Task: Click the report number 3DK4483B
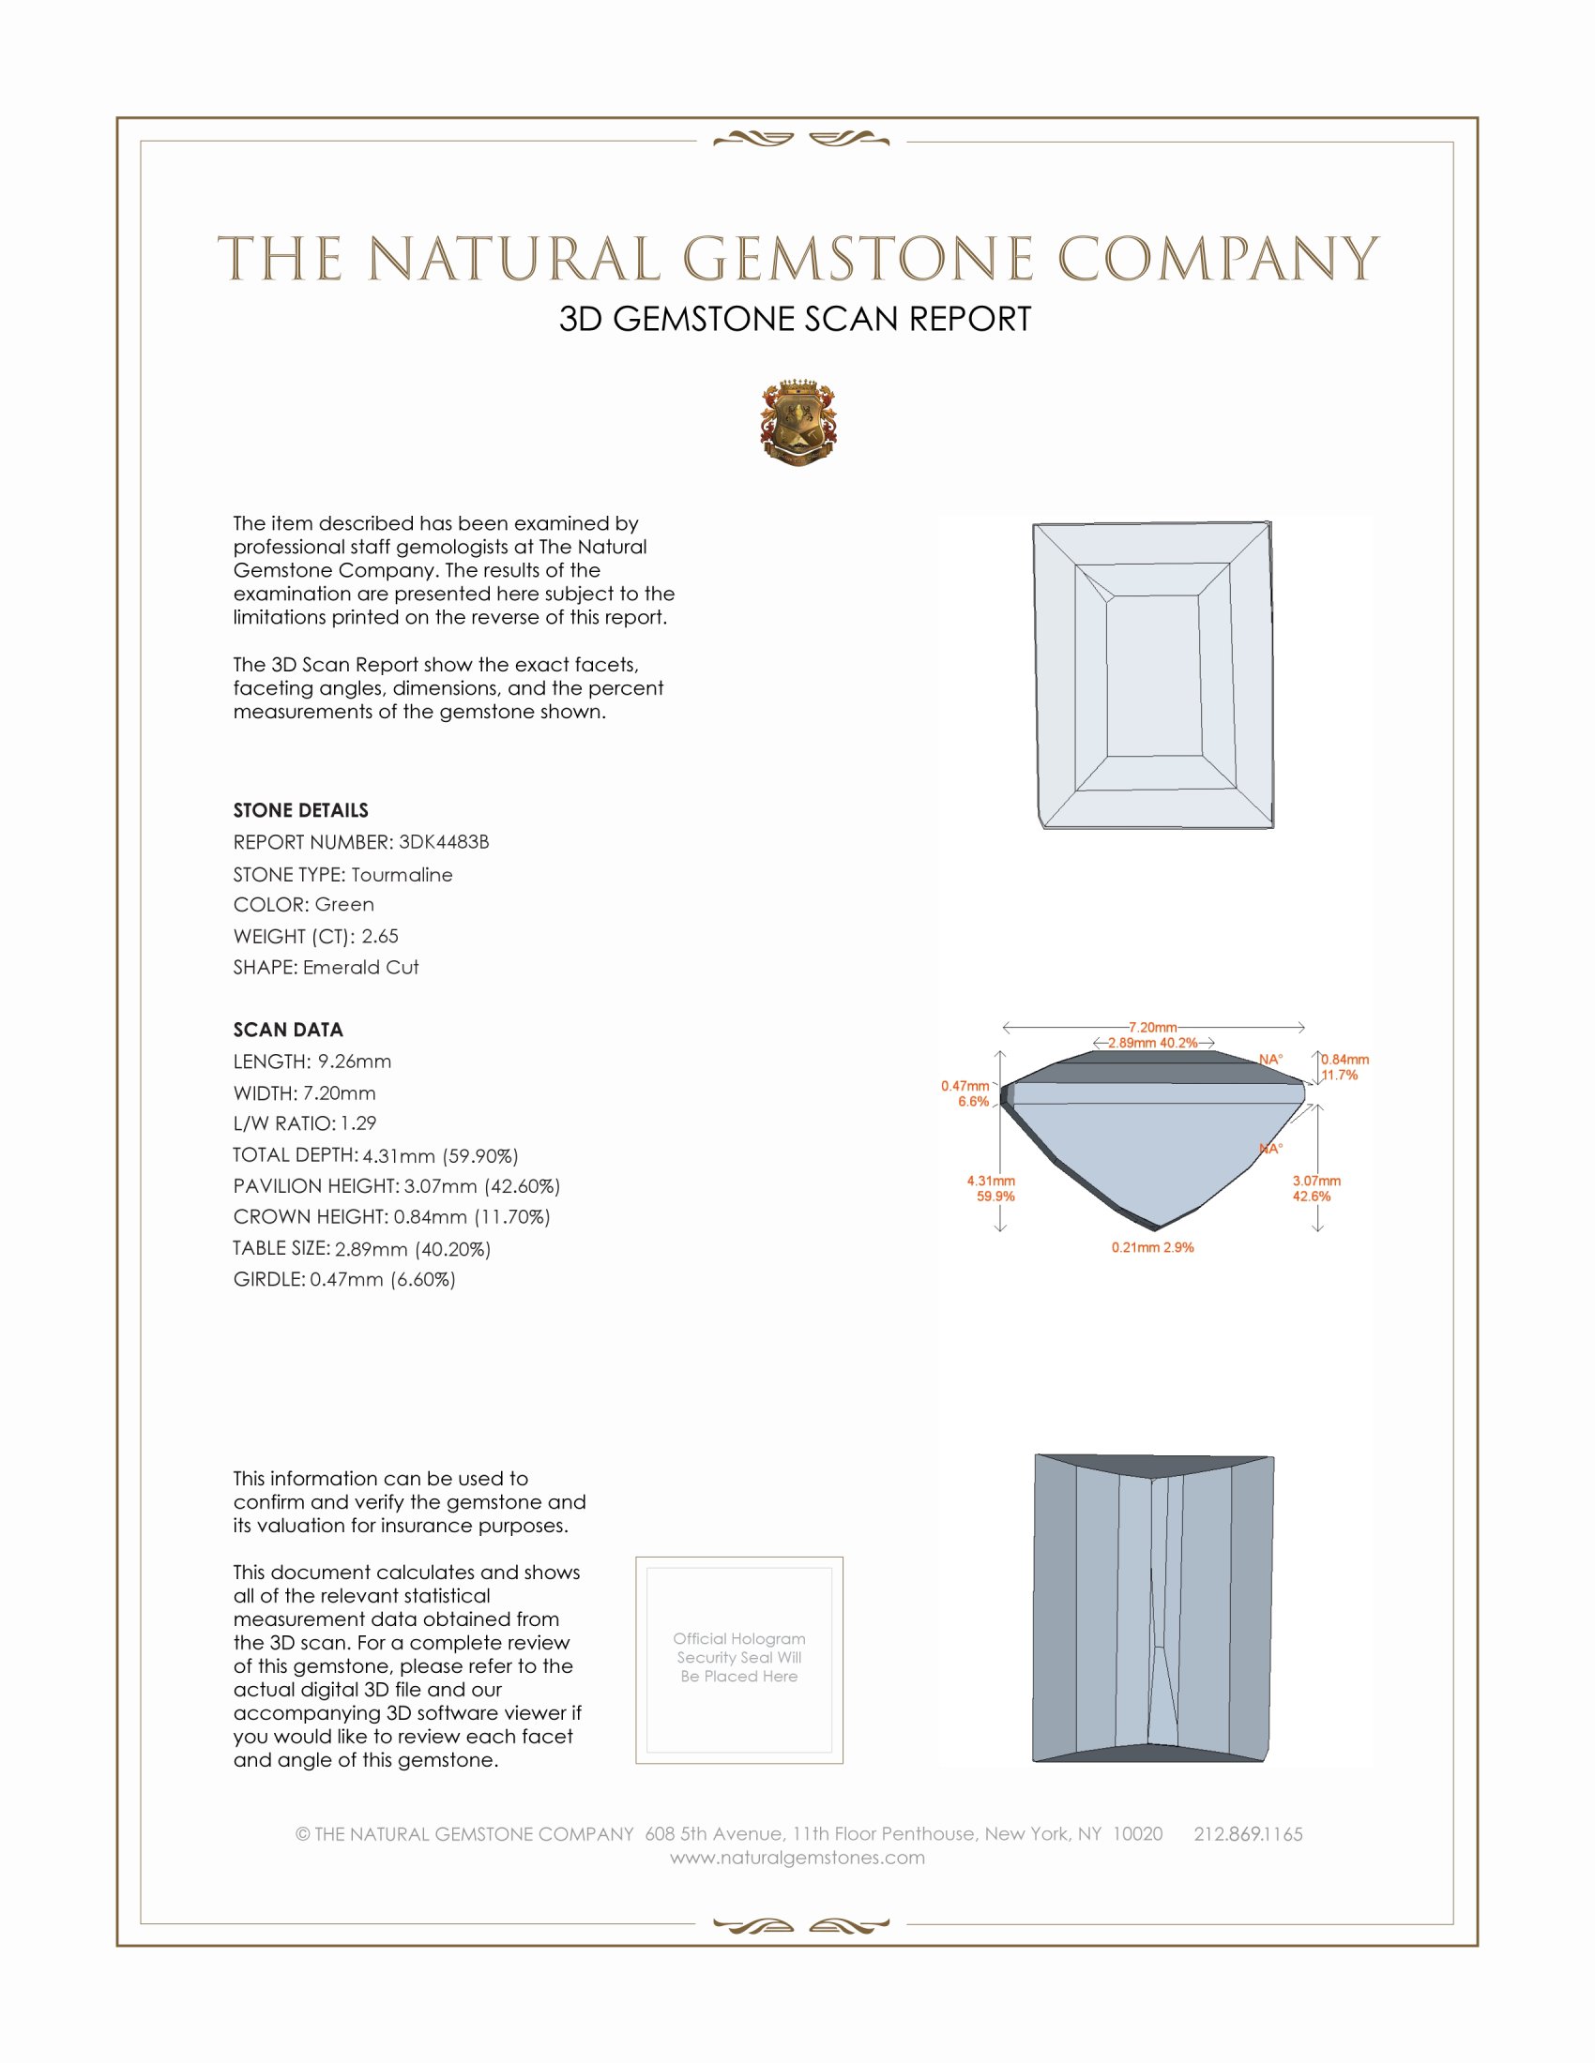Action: coord(443,842)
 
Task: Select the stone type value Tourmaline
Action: coord(402,875)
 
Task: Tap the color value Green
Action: coord(344,905)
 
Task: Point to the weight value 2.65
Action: coord(380,936)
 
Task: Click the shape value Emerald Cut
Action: coord(361,968)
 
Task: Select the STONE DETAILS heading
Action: coord(300,810)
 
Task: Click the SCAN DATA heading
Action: coord(288,1030)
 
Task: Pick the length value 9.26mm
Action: coord(355,1062)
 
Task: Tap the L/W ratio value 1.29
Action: coord(358,1123)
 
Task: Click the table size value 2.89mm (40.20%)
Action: coord(412,1249)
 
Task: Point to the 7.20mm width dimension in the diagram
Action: coord(1153,1027)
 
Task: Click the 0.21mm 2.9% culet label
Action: coord(1153,1248)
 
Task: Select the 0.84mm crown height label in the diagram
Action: coord(1344,1060)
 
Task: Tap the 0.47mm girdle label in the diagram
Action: coord(965,1086)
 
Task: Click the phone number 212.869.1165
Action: coord(1248,1834)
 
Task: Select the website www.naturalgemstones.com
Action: coord(797,1858)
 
